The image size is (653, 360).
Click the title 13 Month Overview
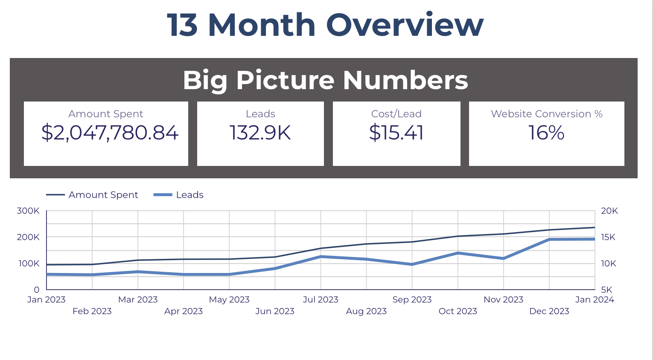point(325,25)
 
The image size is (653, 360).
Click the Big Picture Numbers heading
point(325,80)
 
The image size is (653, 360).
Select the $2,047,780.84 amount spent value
point(110,133)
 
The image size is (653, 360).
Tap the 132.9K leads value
point(260,133)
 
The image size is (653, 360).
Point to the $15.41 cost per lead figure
point(396,133)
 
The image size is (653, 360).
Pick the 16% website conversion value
point(546,133)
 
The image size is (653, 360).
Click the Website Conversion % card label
point(546,114)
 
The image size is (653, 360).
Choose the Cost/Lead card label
point(396,114)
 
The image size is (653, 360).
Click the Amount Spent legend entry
point(103,195)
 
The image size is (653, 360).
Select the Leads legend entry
point(189,195)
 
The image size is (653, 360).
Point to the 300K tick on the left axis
point(28,211)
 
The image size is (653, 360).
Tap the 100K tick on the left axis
point(29,264)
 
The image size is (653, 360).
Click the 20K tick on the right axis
point(609,211)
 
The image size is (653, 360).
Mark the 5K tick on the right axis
point(606,290)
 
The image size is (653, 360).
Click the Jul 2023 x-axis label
point(321,299)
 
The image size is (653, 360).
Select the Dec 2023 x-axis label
point(549,311)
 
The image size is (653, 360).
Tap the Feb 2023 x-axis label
point(92,311)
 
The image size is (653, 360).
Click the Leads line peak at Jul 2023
point(321,257)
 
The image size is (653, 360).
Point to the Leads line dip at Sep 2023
point(412,264)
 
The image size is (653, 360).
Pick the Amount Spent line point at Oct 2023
point(458,236)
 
